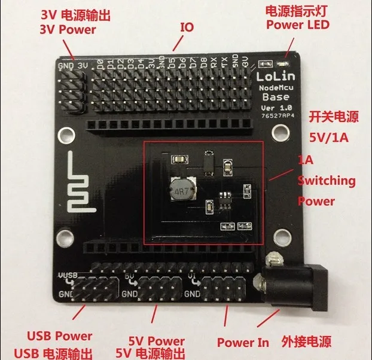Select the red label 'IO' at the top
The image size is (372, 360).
point(187,27)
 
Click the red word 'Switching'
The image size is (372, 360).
point(327,180)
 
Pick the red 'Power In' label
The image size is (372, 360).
point(242,343)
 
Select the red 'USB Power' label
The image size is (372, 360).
point(60,335)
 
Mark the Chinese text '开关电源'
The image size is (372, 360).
point(333,115)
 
